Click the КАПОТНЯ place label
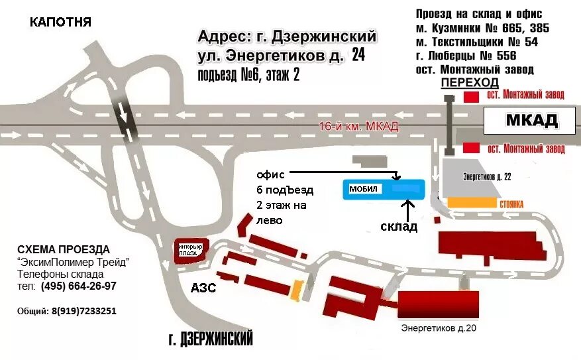pos(60,23)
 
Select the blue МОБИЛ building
pos(383,189)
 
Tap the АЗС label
pos(203,288)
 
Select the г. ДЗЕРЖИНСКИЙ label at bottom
pos(211,340)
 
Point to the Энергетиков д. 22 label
pos(487,177)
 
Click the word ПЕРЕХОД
pos(470,82)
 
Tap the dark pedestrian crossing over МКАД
pos(449,123)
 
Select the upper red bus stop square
pos(471,97)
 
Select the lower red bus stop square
pos(471,147)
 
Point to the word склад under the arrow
pos(399,227)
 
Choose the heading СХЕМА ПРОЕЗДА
pos(64,249)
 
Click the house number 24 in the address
pos(358,56)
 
